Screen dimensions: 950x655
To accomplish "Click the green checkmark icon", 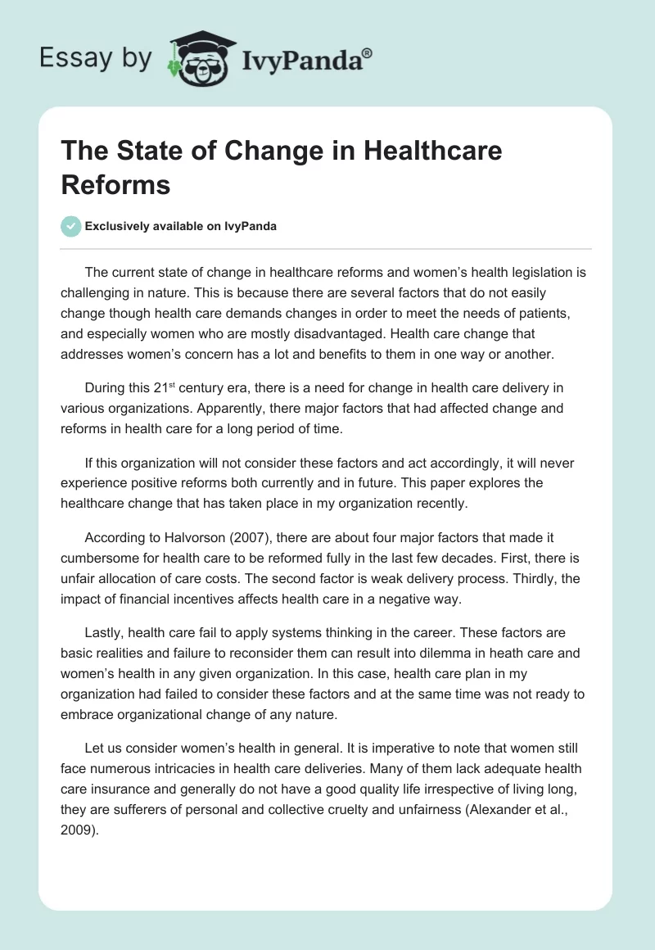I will coord(72,226).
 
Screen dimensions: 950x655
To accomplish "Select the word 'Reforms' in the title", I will coord(115,185).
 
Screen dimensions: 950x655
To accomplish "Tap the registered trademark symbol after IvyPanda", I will coord(368,52).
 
